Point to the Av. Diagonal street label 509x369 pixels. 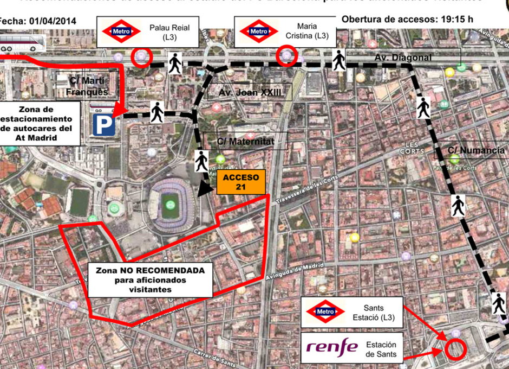click(x=403, y=58)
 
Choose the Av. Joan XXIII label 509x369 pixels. click(x=250, y=93)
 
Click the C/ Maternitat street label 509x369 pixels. click(x=246, y=142)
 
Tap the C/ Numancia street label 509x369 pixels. click(x=476, y=150)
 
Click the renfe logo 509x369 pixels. click(x=332, y=347)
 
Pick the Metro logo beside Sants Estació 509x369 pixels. click(x=325, y=311)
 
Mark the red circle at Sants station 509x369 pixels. click(x=456, y=349)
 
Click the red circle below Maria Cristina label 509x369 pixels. click(x=287, y=56)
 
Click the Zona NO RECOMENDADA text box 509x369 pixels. click(x=149, y=279)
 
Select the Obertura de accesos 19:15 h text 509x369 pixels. click(x=407, y=19)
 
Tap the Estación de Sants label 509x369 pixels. click(x=381, y=349)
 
